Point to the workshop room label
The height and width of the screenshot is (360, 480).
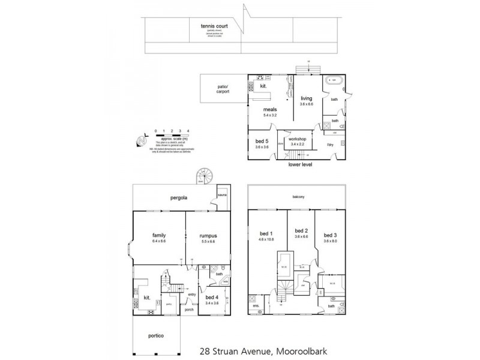point(298,141)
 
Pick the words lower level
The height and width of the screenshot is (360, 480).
point(300,164)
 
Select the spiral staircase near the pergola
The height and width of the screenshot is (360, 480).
point(204,176)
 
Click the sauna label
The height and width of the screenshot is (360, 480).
point(221,196)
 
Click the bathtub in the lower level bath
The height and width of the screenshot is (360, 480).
point(332,81)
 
